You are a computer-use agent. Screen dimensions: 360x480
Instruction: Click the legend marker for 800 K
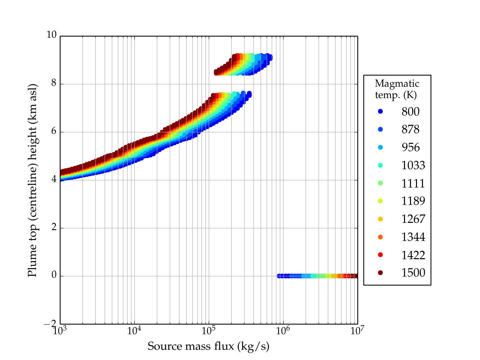[380, 111]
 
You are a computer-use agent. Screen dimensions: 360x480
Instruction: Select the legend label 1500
[413, 273]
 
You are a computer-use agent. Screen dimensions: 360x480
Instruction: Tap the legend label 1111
[413, 183]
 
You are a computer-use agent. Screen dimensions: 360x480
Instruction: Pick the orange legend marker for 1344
[380, 237]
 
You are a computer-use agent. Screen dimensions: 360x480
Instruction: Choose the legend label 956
[410, 147]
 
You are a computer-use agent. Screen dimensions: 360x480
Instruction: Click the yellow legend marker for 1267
[380, 219]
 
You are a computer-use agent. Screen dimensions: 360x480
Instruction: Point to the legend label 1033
[413, 165]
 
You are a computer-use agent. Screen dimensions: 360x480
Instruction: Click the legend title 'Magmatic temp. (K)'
[397, 89]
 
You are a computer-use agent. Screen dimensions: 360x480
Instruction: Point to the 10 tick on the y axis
[51, 35]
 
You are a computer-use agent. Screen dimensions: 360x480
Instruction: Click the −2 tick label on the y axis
[50, 324]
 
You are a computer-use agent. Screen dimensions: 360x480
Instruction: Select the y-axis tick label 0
[54, 275]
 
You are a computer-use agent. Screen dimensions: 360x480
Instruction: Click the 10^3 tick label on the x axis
[60, 331]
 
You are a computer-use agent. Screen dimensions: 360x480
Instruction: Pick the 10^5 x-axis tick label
[209, 331]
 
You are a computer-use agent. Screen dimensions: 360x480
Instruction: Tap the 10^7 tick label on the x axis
[357, 331]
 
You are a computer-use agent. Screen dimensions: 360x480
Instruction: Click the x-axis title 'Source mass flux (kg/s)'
[208, 346]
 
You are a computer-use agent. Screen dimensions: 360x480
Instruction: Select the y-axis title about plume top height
[32, 180]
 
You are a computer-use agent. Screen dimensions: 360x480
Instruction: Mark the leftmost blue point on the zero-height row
[279, 276]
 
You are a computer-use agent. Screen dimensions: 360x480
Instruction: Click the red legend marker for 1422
[380, 255]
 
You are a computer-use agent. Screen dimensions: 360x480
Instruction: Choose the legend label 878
[410, 129]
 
